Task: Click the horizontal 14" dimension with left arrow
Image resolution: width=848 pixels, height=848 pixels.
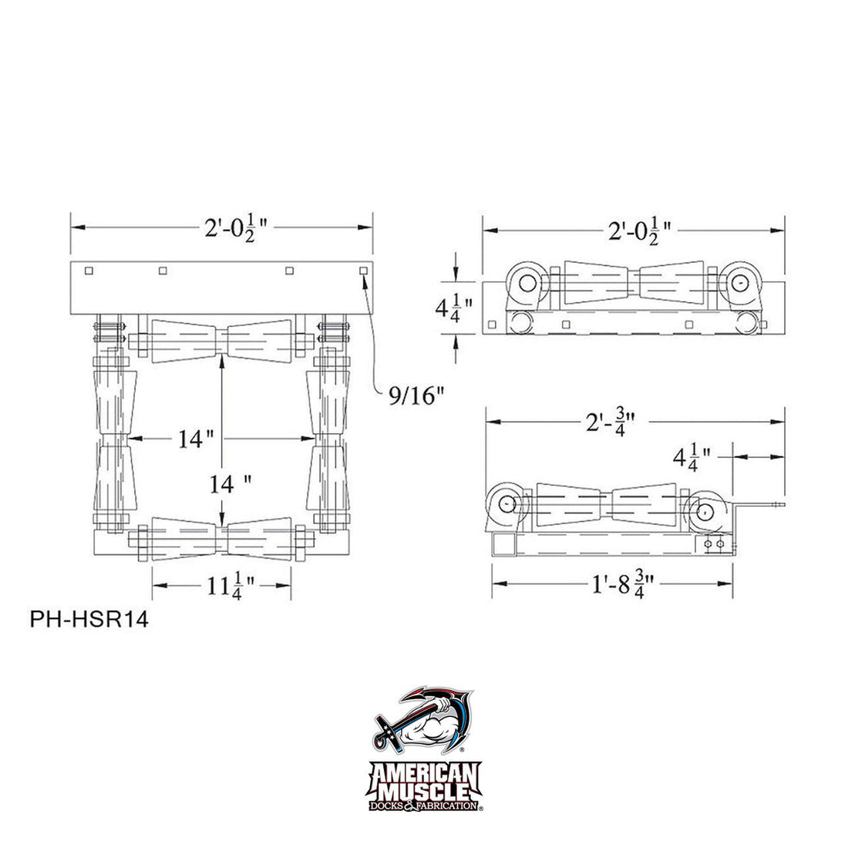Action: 196,439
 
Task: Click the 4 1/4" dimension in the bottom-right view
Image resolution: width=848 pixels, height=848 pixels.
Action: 691,457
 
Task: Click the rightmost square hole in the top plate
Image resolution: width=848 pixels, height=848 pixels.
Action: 363,271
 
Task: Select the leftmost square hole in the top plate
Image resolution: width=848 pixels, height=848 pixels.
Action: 89,271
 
